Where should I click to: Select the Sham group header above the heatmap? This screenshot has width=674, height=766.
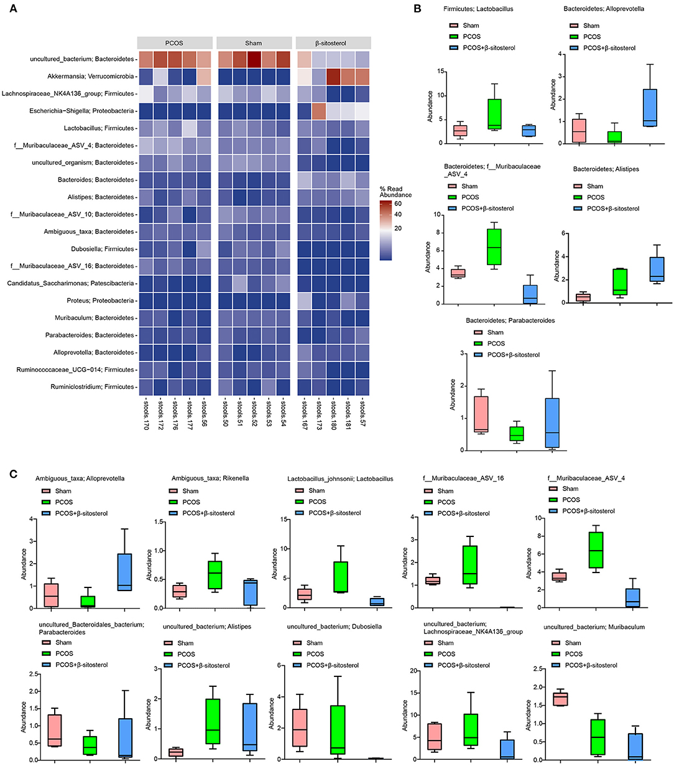click(254, 43)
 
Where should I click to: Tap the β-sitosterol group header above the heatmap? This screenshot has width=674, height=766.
click(333, 43)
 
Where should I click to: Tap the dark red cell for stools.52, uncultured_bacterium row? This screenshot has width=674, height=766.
click(257, 59)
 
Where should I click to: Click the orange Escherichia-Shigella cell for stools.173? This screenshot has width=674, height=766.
click(319, 111)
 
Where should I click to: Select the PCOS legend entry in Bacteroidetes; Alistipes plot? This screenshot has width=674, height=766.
click(594, 197)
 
